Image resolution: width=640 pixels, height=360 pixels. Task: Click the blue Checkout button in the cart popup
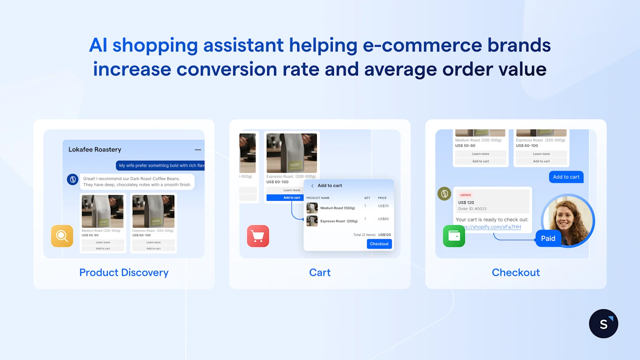click(379, 244)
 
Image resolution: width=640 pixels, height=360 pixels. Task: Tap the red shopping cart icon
click(258, 236)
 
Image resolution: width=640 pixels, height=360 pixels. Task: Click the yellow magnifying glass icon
click(62, 236)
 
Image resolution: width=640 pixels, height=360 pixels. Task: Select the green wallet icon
click(454, 236)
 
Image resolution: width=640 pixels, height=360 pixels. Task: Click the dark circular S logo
click(604, 324)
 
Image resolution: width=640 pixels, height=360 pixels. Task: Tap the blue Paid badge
click(548, 238)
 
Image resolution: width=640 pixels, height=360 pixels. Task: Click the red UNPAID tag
click(466, 195)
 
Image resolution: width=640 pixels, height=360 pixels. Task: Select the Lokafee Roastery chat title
click(95, 150)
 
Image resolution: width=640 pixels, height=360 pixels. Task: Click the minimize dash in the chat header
click(198, 150)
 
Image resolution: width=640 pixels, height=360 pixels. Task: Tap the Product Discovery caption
click(124, 272)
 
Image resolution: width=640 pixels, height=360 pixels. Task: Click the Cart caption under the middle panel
click(320, 272)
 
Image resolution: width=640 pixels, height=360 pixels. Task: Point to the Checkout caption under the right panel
click(516, 272)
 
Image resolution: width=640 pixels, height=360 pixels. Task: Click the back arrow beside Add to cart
click(312, 186)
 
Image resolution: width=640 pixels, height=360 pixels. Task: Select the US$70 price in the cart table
click(383, 206)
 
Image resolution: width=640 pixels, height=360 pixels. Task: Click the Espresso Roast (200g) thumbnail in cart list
click(312, 221)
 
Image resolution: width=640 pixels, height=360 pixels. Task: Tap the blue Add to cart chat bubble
click(566, 177)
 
